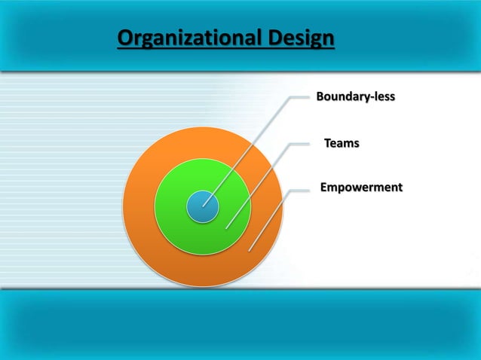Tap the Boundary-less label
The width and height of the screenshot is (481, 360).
355,97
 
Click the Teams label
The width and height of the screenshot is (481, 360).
342,142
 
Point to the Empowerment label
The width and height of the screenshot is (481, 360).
361,186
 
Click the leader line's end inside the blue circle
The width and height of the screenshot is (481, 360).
204,206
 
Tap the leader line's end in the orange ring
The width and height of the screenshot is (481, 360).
249,249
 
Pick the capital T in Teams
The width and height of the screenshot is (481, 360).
328,142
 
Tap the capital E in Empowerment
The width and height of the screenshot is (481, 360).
324,186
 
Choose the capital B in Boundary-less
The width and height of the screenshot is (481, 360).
320,97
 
